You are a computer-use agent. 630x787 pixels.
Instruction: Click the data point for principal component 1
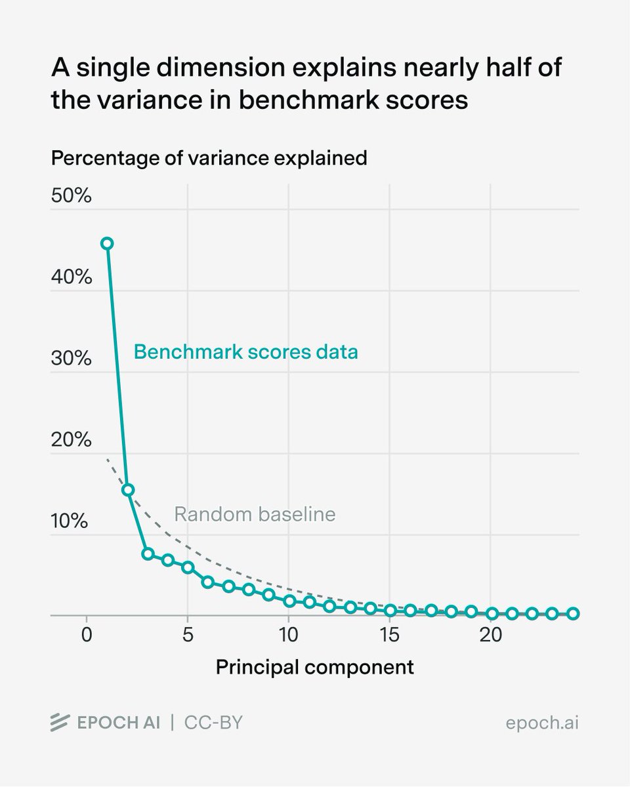tap(107, 243)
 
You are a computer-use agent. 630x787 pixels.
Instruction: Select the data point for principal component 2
tap(128, 489)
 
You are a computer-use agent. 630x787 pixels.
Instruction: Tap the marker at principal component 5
tap(188, 567)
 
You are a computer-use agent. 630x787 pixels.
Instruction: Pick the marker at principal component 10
tap(289, 601)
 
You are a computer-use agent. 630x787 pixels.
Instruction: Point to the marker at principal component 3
tap(148, 554)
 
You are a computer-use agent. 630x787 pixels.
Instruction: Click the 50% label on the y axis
tap(70, 196)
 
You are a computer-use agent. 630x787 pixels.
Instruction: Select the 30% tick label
tap(70, 359)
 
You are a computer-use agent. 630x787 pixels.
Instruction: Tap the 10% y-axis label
tap(70, 521)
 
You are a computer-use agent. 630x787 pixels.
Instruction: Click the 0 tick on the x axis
tap(86, 636)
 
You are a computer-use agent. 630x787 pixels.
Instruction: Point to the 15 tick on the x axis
tap(390, 636)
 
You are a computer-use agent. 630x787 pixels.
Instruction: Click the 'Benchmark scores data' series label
tap(246, 352)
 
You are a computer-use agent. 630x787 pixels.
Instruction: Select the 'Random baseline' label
tap(255, 514)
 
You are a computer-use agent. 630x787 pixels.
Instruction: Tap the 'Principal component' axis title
tap(315, 668)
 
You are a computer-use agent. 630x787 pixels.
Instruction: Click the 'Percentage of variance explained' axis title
tap(209, 158)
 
